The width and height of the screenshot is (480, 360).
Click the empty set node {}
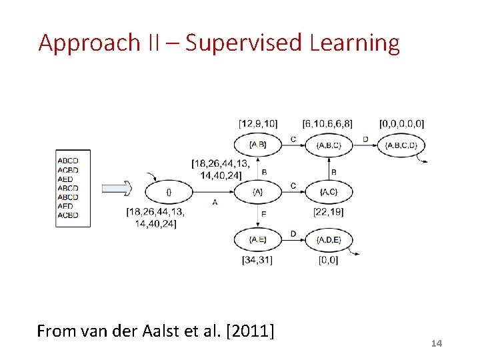169,192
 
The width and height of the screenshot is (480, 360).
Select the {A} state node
257,192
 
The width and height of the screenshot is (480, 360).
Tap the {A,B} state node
257,145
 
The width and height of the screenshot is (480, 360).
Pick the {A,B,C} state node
328,145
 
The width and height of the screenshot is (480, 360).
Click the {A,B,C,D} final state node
401,145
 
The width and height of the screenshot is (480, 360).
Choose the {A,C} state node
328,192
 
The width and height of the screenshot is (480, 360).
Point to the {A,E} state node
257,239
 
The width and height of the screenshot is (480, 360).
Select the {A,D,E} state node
328,239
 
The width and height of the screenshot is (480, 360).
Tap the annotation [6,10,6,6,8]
327,123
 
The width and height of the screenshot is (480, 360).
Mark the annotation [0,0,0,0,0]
401,123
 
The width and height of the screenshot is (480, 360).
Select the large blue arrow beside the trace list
117,189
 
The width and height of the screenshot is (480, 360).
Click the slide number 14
437,343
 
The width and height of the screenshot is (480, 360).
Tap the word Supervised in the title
245,43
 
